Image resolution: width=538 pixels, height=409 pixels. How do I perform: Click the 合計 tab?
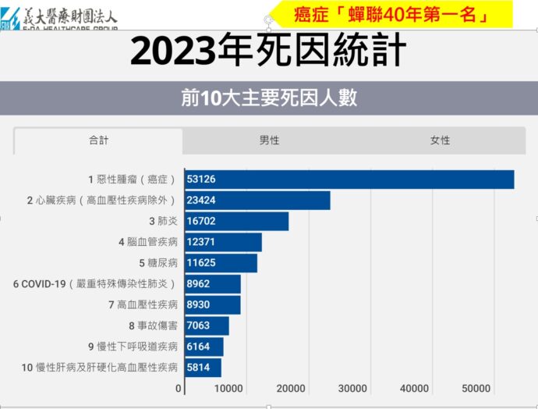[98, 140]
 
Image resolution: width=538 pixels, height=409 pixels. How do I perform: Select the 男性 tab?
[269, 140]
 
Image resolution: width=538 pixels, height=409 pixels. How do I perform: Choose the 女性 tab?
[441, 140]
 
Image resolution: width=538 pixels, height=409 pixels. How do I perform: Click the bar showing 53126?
[349, 180]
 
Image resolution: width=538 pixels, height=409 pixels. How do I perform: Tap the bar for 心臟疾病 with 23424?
[257, 201]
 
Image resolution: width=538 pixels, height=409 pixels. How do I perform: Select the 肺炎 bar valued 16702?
[236, 221]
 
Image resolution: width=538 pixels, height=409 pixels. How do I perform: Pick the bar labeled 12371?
[223, 242]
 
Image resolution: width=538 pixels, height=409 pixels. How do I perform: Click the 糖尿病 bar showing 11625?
[221, 263]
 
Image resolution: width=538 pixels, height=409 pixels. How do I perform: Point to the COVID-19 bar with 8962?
[212, 284]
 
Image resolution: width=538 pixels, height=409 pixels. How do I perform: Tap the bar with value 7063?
[207, 325]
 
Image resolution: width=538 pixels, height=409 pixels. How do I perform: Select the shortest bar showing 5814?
[203, 368]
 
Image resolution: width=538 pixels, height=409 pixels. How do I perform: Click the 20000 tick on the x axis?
[291, 389]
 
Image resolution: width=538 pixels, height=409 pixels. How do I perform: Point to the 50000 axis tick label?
[476, 389]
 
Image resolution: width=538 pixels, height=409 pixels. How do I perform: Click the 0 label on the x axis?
[178, 389]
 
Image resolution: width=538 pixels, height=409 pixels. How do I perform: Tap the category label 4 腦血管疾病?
[148, 242]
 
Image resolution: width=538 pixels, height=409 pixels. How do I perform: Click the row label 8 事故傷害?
[154, 325]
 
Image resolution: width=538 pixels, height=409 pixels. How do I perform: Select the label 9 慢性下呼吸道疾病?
[133, 347]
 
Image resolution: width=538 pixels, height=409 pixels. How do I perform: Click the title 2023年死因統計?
[268, 50]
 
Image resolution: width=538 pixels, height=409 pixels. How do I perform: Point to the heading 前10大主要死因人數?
[269, 98]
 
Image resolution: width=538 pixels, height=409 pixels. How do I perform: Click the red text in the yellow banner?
[391, 15]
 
